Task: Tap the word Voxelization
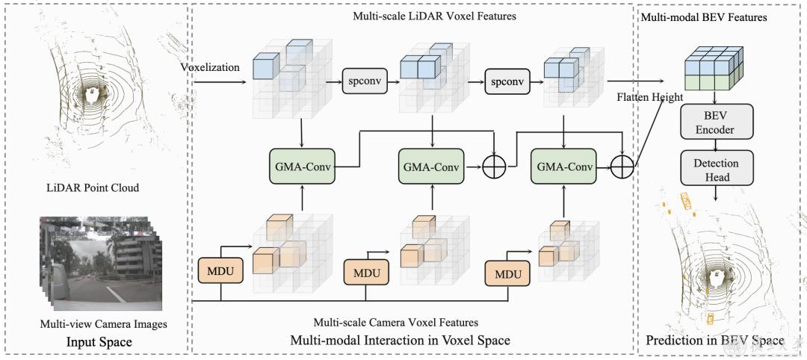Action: tap(210, 67)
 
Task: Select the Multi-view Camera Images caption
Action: tap(103, 323)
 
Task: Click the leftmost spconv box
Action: tap(362, 81)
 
